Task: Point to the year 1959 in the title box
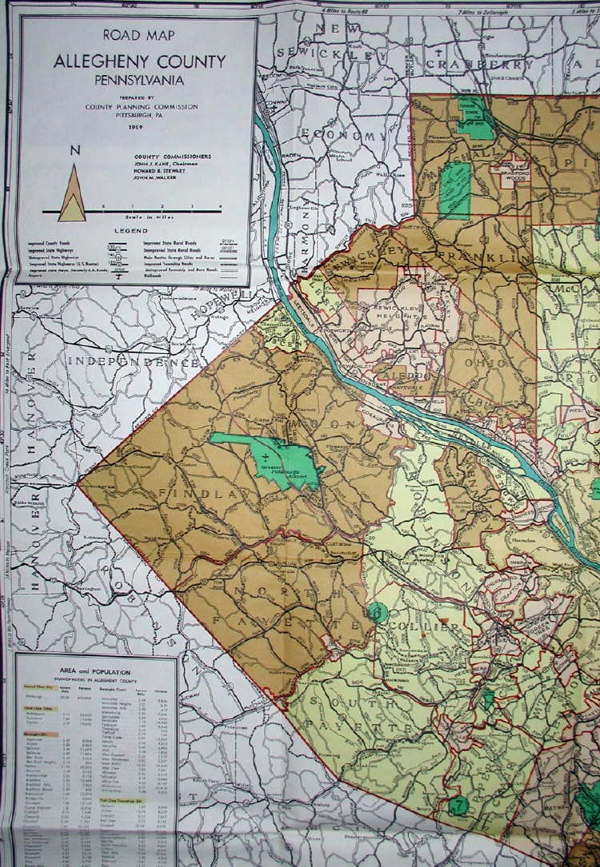(x=134, y=126)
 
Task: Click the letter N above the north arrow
(x=74, y=150)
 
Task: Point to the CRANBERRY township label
(x=480, y=64)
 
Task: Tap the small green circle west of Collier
(x=379, y=613)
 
